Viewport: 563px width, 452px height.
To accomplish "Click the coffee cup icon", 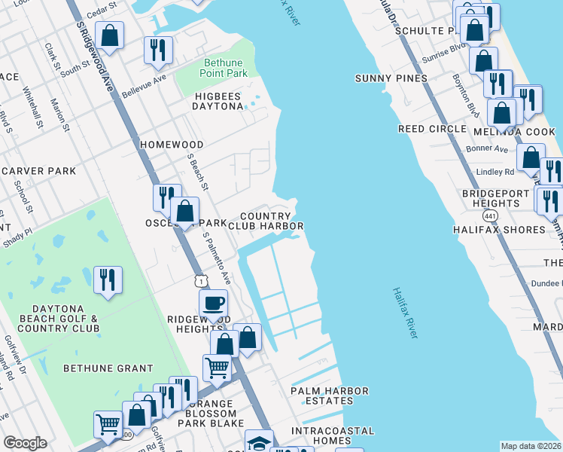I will tap(213, 303).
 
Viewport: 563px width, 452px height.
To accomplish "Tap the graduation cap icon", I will tap(259, 442).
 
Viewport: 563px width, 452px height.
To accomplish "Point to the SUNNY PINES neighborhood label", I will tap(391, 78).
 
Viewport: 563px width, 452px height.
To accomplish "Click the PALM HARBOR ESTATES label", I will tap(330, 396).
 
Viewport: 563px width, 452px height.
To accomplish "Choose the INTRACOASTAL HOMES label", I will tap(333, 436).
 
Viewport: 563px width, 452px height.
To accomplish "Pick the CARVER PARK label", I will tap(38, 171).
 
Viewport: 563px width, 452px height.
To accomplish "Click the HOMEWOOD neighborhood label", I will tap(172, 144).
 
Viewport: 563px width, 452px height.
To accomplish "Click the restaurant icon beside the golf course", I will tap(108, 279).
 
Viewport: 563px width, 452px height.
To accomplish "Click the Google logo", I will tap(25, 443).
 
